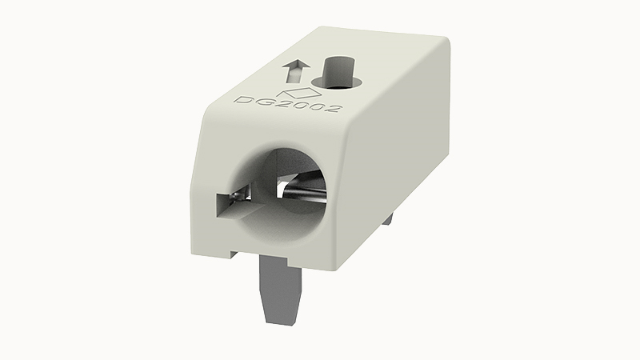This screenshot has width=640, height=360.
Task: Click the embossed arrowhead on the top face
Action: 296,64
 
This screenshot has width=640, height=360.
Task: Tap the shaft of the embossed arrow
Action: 294,75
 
